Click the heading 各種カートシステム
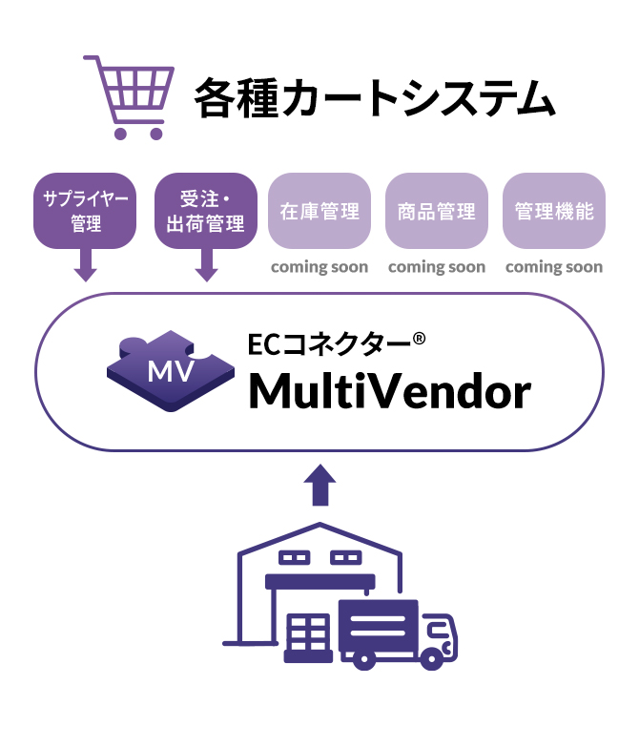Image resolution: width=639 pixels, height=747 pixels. (374, 98)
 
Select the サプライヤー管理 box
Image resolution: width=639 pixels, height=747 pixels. (85, 211)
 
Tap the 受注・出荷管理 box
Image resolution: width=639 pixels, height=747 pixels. (205, 211)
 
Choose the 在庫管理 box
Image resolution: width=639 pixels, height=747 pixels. (319, 211)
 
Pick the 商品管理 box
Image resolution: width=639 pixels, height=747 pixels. (436, 211)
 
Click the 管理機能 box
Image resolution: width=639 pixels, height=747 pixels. (553, 211)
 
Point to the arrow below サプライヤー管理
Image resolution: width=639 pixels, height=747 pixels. (85, 264)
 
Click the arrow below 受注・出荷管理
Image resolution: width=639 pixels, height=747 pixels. (205, 264)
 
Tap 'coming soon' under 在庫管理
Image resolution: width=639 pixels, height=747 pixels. (319, 267)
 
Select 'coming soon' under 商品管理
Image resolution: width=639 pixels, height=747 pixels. (437, 267)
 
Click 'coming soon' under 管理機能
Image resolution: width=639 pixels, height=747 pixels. (554, 267)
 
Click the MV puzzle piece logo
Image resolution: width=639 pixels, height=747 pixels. (171, 370)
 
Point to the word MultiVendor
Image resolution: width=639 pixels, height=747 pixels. (389, 391)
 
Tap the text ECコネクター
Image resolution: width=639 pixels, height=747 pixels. (328, 344)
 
